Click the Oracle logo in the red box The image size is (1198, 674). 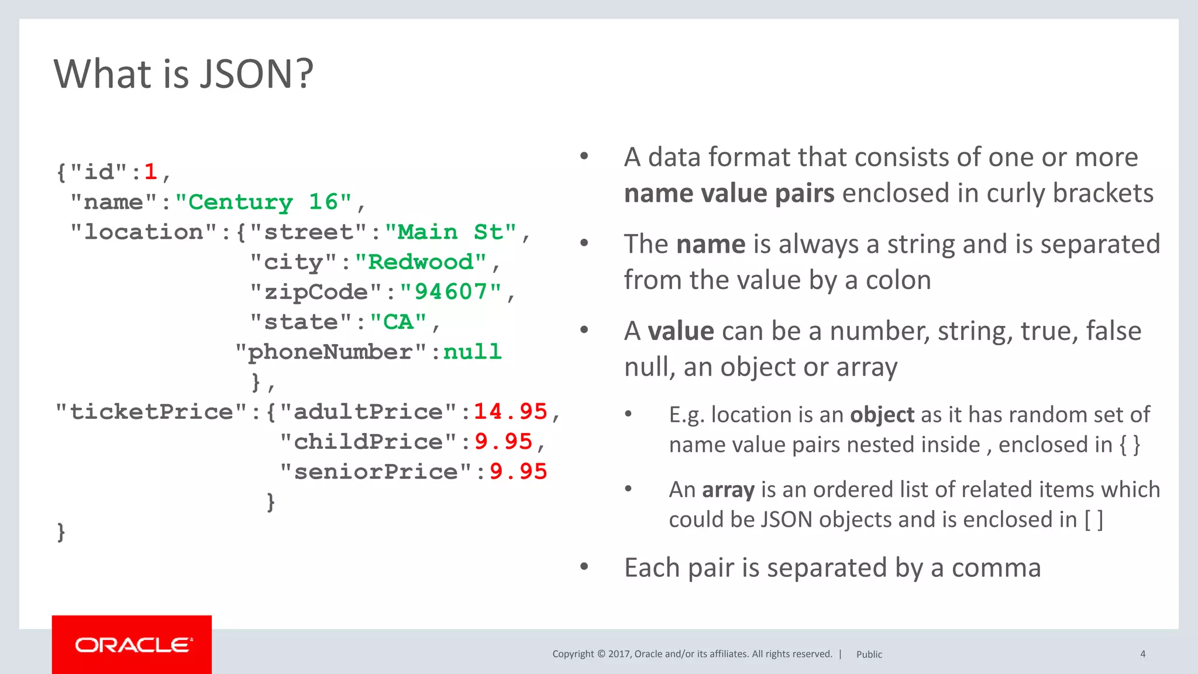[133, 645]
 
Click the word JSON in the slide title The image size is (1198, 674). [256, 74]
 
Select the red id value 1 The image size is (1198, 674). [150, 171]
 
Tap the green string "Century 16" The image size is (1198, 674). [263, 202]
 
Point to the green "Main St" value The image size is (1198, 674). [450, 232]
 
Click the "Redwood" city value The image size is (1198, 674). [421, 262]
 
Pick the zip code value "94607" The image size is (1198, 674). [450, 291]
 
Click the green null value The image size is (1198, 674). [473, 352]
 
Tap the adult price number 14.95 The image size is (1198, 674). [510, 411]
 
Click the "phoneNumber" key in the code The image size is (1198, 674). [331, 352]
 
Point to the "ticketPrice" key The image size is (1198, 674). [152, 411]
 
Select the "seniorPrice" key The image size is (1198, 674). [376, 472]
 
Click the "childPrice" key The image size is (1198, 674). [368, 442]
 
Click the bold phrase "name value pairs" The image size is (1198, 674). [729, 194]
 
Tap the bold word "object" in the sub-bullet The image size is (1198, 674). [882, 415]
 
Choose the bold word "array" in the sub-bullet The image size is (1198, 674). [728, 490]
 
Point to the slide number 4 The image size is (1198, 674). [1142, 654]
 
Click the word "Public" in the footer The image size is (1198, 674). [869, 655]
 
